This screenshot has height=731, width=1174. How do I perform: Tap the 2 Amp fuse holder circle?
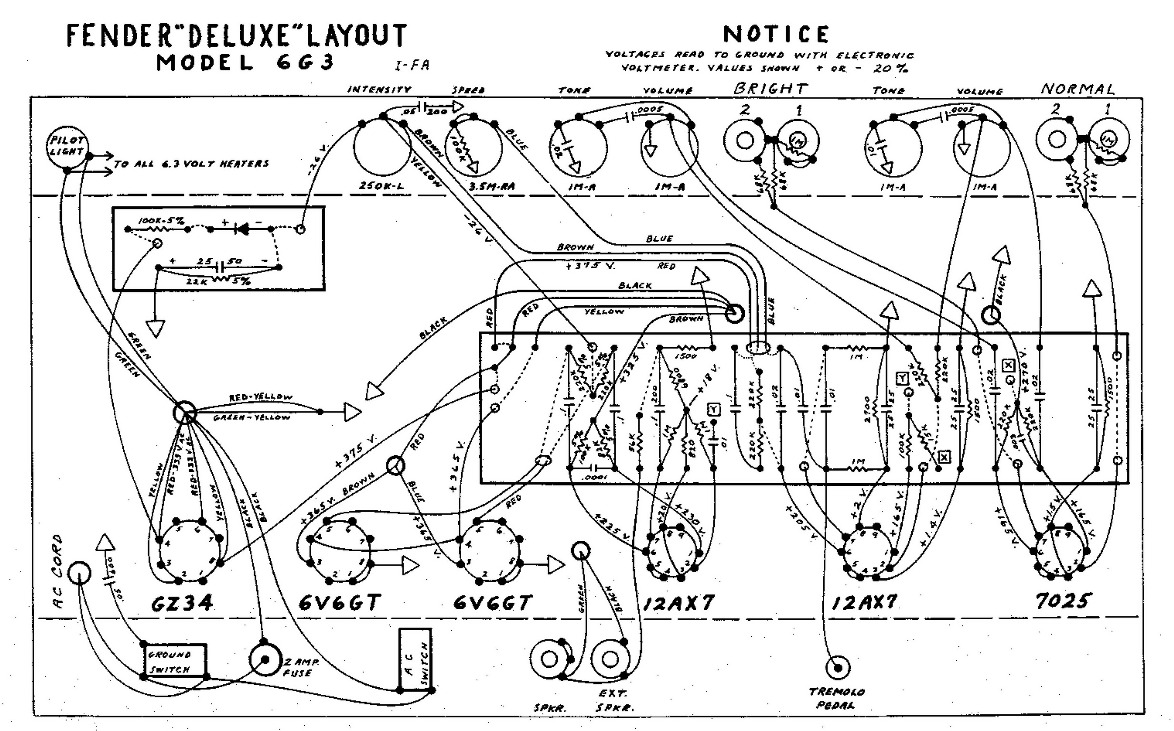coord(265,660)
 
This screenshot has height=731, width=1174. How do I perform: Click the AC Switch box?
coord(415,660)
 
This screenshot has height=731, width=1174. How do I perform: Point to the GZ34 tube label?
coord(182,603)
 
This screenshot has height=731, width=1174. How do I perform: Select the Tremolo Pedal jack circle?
coord(838,668)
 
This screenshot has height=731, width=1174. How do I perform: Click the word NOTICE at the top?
coord(776,34)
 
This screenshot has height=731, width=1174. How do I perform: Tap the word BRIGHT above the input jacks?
coord(770,89)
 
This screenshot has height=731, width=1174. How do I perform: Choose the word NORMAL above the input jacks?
coord(1078,89)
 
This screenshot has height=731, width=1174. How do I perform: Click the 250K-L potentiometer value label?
coord(382,185)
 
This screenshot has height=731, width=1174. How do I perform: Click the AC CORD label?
coord(58,572)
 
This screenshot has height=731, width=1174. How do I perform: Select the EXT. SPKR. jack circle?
coord(610,659)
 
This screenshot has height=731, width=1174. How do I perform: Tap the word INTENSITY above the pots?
coord(379,89)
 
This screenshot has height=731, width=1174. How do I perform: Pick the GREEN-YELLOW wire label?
coord(252,417)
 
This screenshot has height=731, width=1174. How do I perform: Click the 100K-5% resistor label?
coord(161,221)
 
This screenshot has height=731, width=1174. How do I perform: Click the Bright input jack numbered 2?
coord(744,141)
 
